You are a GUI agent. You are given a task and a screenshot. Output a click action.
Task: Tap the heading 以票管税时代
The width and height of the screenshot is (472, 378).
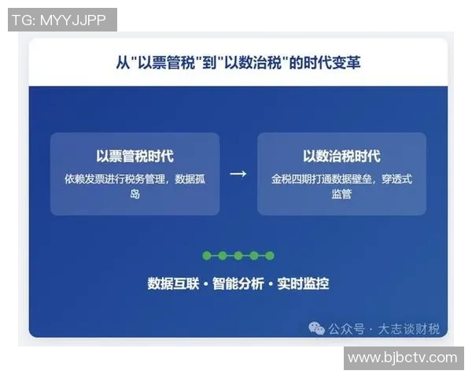[x=135, y=157]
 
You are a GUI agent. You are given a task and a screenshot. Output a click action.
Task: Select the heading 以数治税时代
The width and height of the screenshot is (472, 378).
[x=341, y=157]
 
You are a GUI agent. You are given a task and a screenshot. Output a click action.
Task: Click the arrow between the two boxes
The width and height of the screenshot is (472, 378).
[x=238, y=174]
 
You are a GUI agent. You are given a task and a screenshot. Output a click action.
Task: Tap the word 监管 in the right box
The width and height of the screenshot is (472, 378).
[x=341, y=194]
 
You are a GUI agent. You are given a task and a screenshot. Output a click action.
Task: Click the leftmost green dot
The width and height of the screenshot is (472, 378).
[x=207, y=256]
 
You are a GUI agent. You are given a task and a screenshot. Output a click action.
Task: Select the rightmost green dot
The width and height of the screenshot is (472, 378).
[x=270, y=256]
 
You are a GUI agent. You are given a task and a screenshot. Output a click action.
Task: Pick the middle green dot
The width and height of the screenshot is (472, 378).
[x=238, y=256]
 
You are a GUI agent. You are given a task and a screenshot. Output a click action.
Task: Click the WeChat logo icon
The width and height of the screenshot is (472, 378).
[x=316, y=328]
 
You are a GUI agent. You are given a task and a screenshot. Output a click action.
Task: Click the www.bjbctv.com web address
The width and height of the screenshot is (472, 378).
[x=402, y=358]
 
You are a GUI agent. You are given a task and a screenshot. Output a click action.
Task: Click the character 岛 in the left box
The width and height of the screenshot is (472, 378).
[x=135, y=194]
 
